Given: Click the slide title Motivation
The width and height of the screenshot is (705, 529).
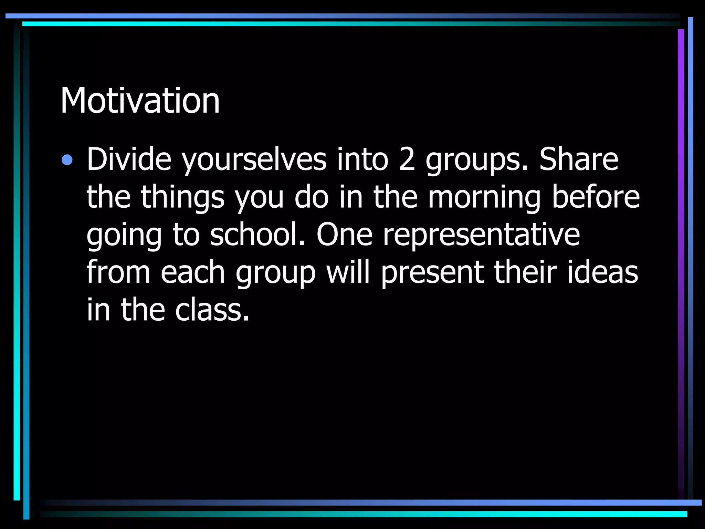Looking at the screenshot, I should click(x=140, y=101).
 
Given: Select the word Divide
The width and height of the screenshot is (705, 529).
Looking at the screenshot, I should click(x=129, y=159).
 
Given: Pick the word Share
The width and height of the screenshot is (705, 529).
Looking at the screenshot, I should click(x=579, y=159).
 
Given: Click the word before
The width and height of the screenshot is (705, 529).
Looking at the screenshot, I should click(x=596, y=197).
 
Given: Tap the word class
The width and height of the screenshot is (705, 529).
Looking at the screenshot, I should click(x=211, y=310).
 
